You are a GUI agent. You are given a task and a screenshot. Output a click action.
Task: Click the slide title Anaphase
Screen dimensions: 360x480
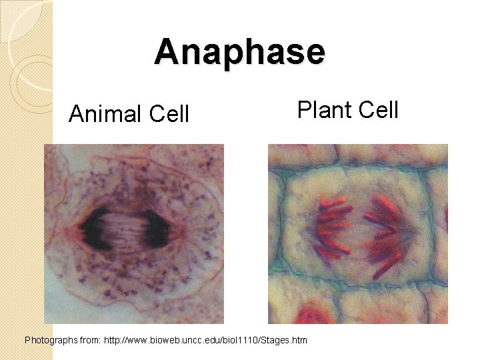click(x=240, y=52)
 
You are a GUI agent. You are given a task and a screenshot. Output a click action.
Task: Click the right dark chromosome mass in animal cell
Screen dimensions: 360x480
click(x=163, y=229)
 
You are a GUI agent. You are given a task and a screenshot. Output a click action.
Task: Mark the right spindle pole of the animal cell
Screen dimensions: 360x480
click(x=187, y=229)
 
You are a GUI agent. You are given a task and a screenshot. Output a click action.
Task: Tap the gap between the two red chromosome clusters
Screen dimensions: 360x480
click(x=357, y=230)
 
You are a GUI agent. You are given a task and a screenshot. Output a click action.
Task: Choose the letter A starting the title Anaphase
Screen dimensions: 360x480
click(x=167, y=52)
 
